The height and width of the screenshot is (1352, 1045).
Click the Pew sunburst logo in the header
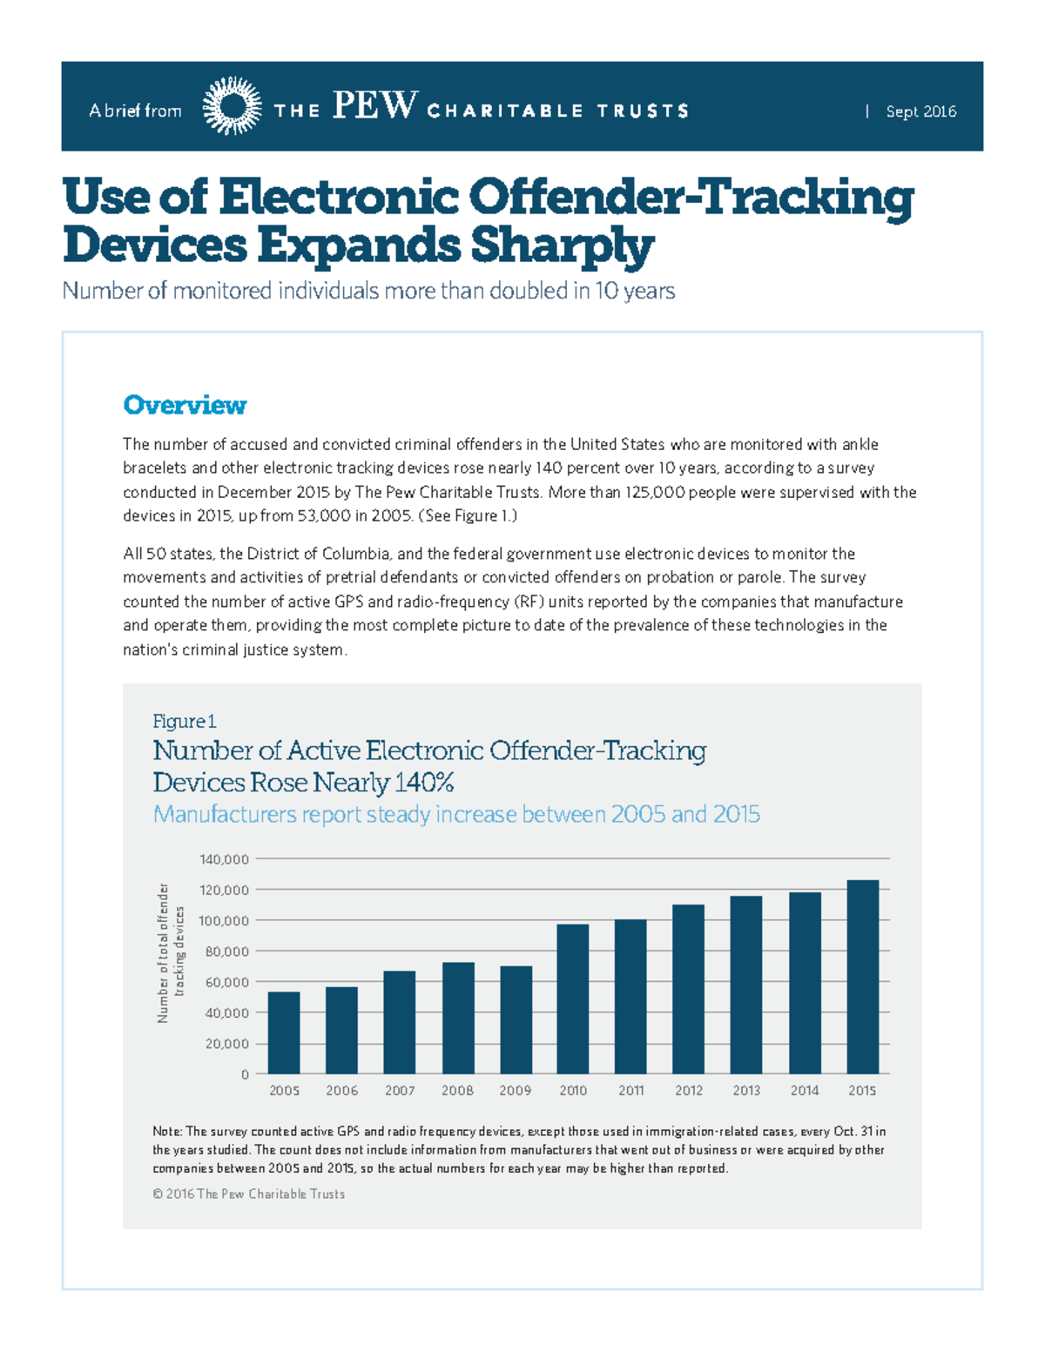point(232,106)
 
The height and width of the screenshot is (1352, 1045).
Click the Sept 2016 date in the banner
point(920,111)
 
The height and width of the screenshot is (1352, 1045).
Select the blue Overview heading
point(185,405)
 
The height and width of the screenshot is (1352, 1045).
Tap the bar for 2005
point(284,1032)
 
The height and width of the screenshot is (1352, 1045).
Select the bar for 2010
point(573,999)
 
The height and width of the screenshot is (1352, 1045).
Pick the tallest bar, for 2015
point(862,977)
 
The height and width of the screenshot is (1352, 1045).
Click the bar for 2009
point(516,1019)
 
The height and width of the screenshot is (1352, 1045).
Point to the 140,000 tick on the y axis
point(224,859)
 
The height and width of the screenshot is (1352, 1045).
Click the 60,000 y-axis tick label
point(226,982)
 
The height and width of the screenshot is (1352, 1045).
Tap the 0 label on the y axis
point(245,1074)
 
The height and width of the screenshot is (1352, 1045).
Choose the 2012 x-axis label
point(689,1090)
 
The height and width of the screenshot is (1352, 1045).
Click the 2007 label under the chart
point(400,1090)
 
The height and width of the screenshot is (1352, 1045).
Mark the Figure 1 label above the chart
point(184,721)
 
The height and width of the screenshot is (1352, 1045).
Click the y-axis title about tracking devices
point(171,952)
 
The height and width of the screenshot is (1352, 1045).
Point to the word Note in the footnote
point(166,1132)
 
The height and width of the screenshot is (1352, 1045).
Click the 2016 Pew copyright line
point(249,1194)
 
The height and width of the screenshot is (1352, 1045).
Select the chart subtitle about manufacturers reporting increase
point(456,814)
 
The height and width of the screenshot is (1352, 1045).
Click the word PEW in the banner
point(374,106)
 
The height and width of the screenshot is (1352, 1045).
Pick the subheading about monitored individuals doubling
point(368,291)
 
